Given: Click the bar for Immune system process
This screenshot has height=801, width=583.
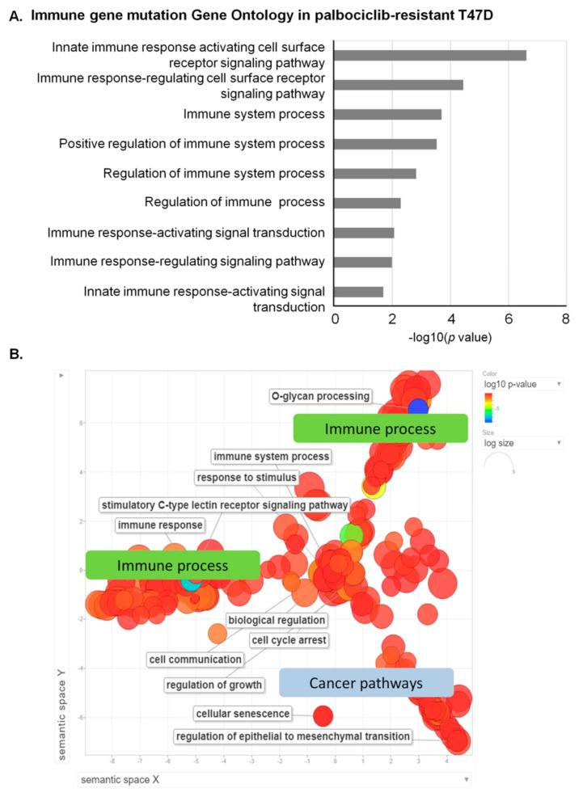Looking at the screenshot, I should point(388,114).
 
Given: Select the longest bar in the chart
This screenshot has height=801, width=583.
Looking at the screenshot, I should point(430,55).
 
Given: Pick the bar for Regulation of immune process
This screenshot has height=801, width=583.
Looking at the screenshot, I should point(368,203).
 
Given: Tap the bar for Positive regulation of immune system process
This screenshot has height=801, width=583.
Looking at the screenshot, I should point(386,144).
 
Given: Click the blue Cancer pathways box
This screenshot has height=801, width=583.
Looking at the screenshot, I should point(366,683).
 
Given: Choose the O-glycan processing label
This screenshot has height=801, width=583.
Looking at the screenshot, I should point(321,396).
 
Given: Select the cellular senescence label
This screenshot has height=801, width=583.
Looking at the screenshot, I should point(243,714).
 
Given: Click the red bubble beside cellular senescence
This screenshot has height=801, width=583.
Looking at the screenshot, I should point(323,715).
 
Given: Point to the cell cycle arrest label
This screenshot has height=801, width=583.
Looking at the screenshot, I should point(288,640).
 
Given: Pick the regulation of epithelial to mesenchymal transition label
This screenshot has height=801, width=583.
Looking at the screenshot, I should point(293,736).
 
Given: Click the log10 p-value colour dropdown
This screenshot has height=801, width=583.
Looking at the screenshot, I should point(522,384).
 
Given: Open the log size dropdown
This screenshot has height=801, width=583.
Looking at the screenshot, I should point(522,443).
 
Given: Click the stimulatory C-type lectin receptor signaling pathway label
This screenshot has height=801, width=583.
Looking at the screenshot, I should point(224,505).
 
